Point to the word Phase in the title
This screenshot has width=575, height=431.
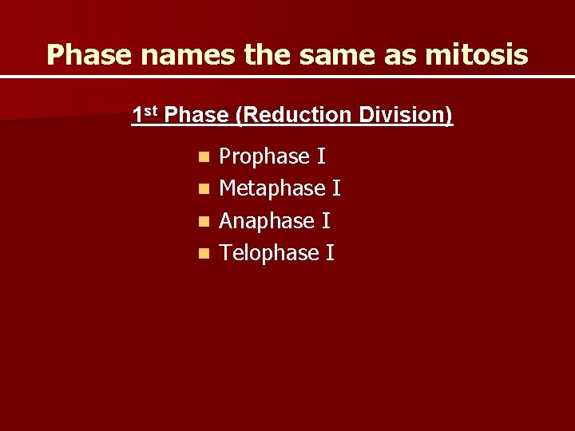82,54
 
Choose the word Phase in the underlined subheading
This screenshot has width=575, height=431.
198,116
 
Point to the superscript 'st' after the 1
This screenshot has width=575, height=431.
152,111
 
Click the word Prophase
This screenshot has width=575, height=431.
264,156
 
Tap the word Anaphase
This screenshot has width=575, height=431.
267,221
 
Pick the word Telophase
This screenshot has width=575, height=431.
269,253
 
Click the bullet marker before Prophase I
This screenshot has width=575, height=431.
205,157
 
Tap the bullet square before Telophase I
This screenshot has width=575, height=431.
205,254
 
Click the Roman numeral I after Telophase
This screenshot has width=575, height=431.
330,253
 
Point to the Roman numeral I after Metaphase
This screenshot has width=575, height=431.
336,189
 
